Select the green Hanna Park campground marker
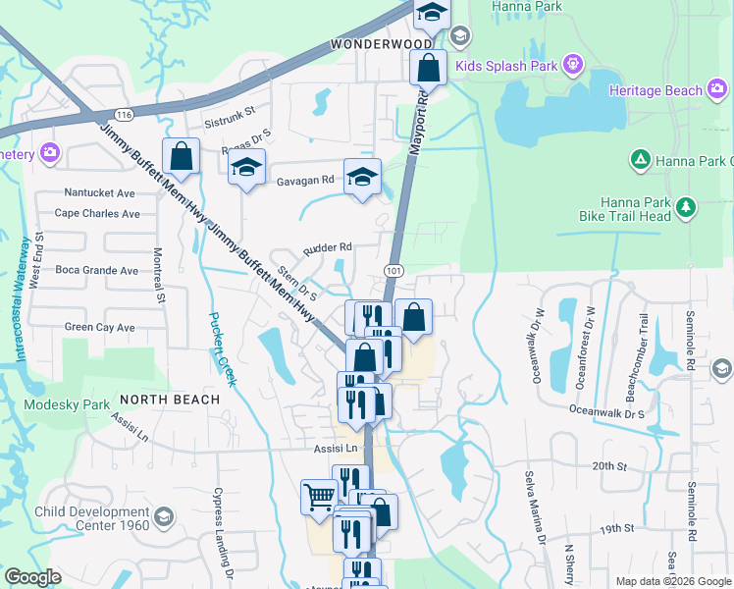click(640, 158)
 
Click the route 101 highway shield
click(393, 270)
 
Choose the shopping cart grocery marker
click(319, 497)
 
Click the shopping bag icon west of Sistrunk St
click(182, 156)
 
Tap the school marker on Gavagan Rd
click(363, 177)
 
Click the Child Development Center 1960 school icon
click(163, 515)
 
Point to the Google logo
click(31, 577)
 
